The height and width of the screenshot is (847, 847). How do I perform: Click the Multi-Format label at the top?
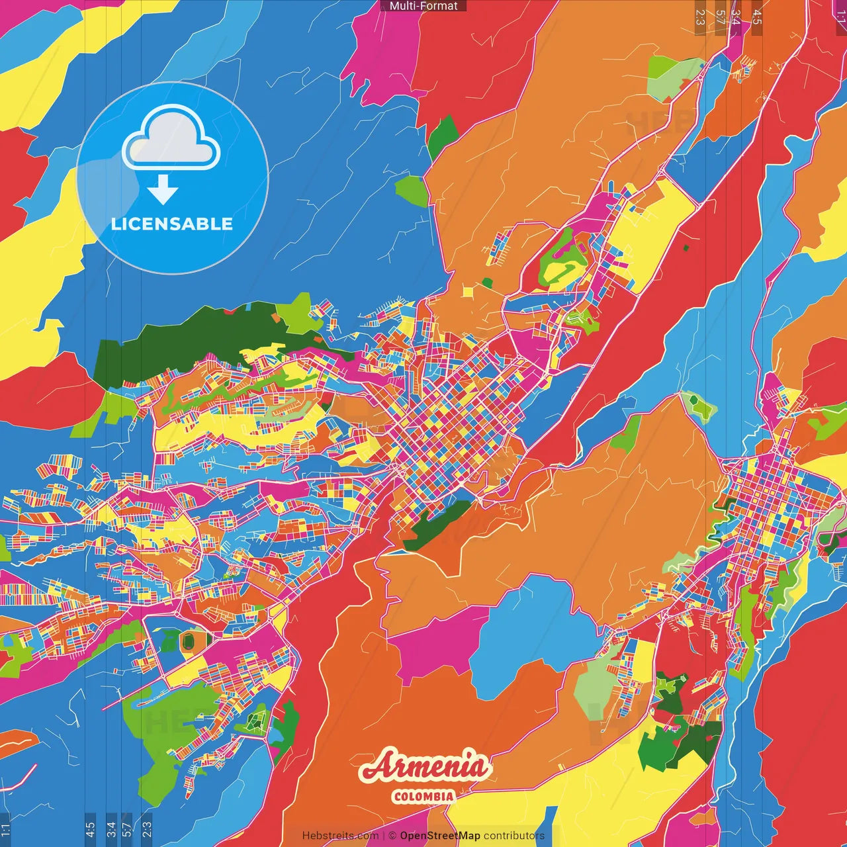click(423, 6)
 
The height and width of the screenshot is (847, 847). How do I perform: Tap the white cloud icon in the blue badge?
click(172, 140)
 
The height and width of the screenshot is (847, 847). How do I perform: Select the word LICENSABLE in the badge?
click(172, 224)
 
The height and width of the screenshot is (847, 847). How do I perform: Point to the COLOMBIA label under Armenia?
click(423, 796)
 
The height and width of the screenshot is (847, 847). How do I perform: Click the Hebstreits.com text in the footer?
click(340, 836)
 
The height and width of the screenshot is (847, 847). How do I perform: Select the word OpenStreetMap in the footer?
click(440, 836)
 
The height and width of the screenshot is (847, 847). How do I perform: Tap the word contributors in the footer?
click(514, 836)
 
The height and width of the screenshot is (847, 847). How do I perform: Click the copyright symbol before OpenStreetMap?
click(392, 836)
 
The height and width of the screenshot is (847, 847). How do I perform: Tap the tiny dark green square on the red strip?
click(686, 248)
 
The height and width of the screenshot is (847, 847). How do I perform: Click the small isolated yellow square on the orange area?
click(468, 291)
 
